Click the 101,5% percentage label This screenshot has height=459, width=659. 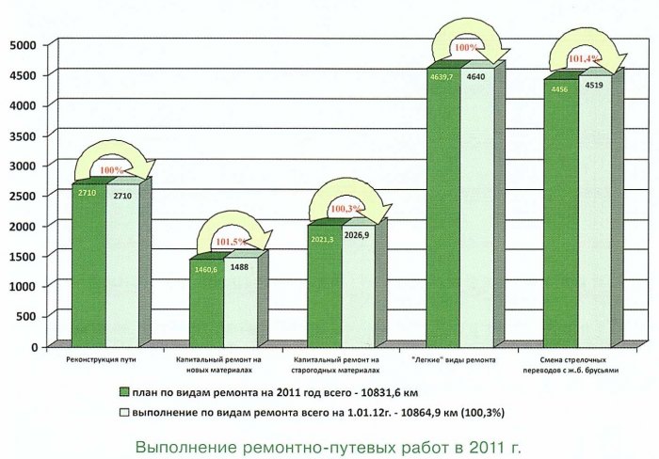click(x=229, y=241)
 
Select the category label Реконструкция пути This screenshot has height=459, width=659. click(x=103, y=359)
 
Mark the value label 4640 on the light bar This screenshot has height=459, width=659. click(x=475, y=76)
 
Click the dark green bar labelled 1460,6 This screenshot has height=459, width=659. click(x=206, y=306)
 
